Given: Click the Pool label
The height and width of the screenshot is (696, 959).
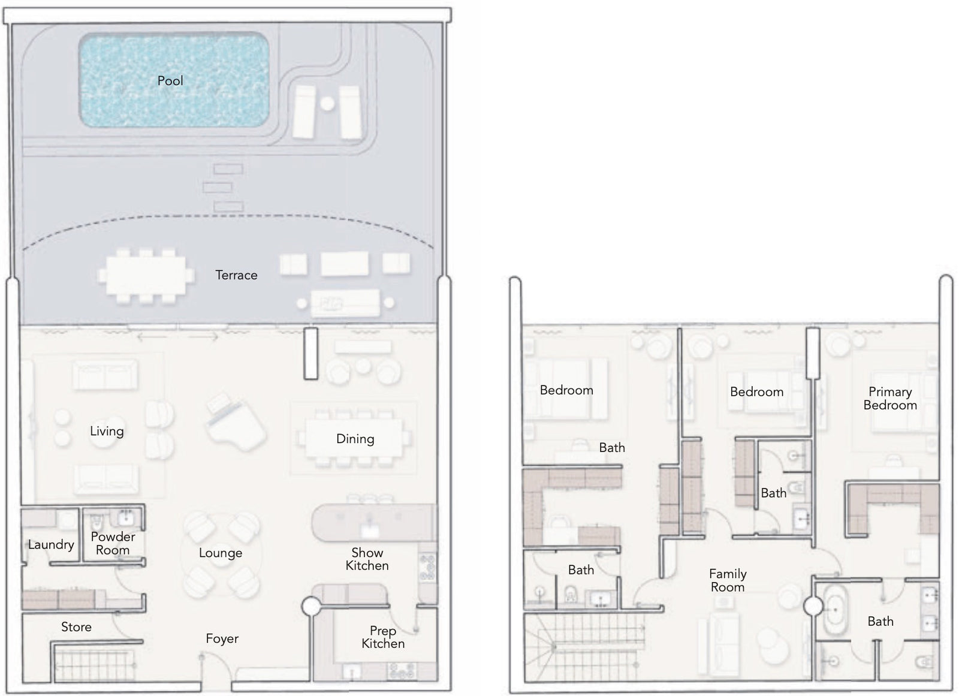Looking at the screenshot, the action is pos(170,80).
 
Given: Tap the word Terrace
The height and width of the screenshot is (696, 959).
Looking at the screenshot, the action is pos(236,275).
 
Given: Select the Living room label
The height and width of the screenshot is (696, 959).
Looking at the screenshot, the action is pos(107,431).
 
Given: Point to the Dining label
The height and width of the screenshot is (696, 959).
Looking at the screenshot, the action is pos(355,439).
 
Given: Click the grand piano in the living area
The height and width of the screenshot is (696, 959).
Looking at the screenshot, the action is pos(236,421).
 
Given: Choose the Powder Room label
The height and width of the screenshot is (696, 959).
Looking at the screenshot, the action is pos(113,543).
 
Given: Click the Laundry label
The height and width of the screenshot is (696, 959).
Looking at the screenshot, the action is pos(51,545).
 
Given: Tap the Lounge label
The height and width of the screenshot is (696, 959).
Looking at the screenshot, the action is pos(221,553).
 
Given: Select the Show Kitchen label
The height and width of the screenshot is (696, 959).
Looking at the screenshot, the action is pos(367,559).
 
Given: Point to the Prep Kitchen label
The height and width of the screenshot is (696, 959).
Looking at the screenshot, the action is pos(383,637).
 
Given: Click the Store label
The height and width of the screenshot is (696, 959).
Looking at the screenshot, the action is pos(76,627).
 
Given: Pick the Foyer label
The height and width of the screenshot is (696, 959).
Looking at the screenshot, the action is pos(222,638).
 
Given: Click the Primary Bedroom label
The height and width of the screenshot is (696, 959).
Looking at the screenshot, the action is pos(890,398).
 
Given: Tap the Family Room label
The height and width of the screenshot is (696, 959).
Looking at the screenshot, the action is pos(728,580).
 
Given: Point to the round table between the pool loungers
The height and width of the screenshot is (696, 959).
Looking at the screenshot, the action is pos(327,103).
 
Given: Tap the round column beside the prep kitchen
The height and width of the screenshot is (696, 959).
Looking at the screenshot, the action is pos(311,607).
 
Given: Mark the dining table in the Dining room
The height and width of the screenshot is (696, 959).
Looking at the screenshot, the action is pos(354,439).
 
